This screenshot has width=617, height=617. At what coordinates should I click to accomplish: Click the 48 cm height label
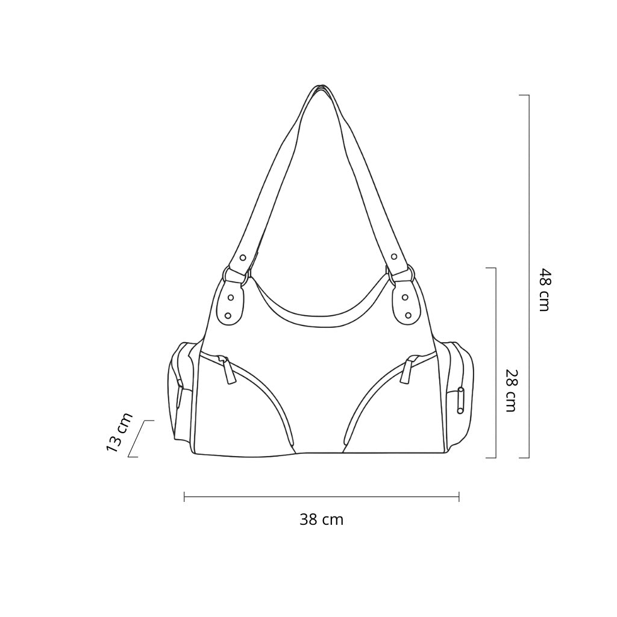coord(544,290)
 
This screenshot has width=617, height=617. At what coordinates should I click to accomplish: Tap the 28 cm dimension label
coord(510,390)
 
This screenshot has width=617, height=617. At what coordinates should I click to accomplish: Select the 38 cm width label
coord(322,519)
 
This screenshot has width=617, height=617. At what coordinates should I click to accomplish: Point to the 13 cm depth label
coord(119,432)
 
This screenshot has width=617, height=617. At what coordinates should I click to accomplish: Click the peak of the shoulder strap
coord(322,86)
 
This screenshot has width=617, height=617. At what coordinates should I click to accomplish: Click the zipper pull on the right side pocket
coord(460,400)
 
